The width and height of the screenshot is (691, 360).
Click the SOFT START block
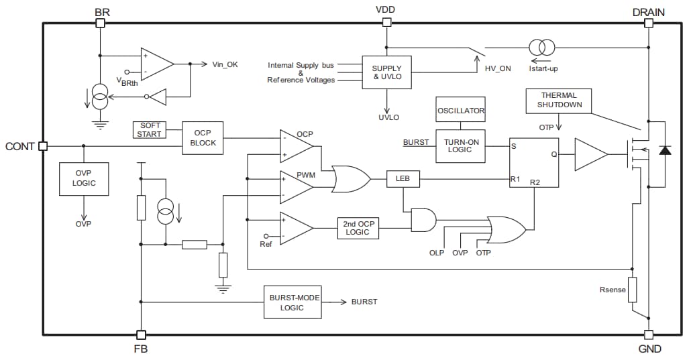coord(149,129)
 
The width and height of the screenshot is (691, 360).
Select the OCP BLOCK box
coord(203,137)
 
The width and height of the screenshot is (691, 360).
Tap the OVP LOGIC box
coord(84,178)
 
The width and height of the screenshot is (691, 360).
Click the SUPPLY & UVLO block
coord(386,72)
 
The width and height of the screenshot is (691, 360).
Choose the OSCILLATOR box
coord(460,110)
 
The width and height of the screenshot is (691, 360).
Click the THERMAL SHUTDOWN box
coord(559,101)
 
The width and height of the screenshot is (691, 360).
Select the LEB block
coord(403,179)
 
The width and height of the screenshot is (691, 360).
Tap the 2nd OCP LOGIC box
coord(358,228)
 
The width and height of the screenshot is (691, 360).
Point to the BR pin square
coord(101,23)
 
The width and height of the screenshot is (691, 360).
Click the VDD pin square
coord(386,23)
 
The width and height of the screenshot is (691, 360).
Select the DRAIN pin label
coord(648,11)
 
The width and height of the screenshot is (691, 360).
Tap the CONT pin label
coord(19,146)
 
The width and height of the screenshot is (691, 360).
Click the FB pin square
coord(141,334)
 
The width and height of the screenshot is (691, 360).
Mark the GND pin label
coord(648,349)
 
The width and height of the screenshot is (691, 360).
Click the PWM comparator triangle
coord(295,186)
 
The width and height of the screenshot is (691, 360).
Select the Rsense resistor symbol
coord(632,290)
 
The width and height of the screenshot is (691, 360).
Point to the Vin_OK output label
coord(225,64)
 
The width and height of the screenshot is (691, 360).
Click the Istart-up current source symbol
coord(541,48)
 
